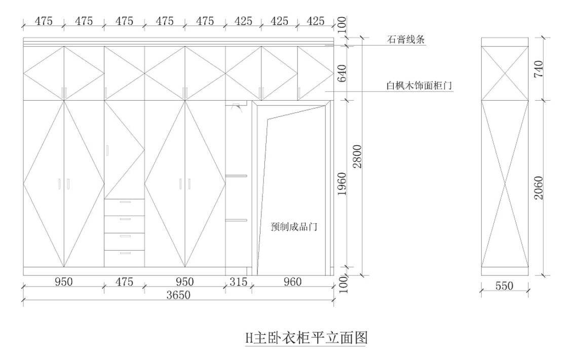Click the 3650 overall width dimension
coord(178,295)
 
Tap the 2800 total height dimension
coord(358,156)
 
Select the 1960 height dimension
coord(342,184)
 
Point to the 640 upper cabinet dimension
coord(342,73)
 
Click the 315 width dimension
coord(238,282)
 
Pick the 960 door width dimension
coord(292,282)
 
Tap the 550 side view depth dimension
coord(504,286)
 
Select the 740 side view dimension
coord(539,69)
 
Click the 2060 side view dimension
coord(539,188)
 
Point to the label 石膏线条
coord(406,39)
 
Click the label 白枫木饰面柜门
coord(419,86)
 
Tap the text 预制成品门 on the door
coord(294,227)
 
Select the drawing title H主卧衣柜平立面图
coord(306,338)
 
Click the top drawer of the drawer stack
coord(125,207)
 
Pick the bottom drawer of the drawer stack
coord(125,259)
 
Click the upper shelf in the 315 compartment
coord(236,176)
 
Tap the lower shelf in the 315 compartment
coord(236,220)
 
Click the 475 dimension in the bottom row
coord(125,282)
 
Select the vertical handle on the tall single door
coord(107,150)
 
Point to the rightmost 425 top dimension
coord(316,21)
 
